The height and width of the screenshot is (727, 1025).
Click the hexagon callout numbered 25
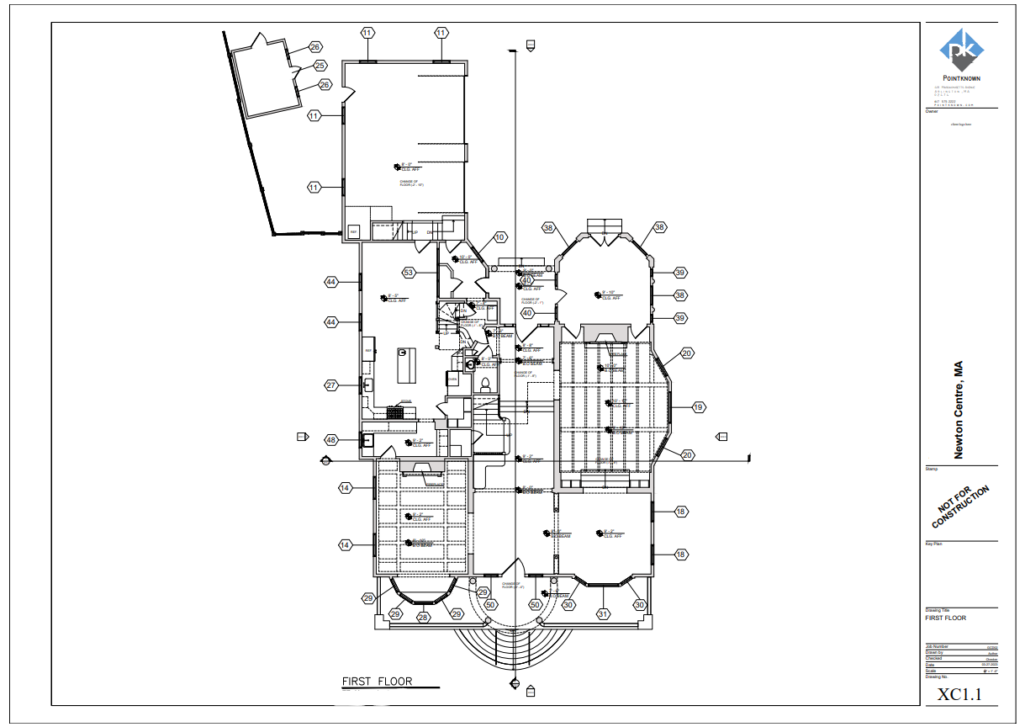click(320, 66)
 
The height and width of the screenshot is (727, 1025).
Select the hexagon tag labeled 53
click(409, 273)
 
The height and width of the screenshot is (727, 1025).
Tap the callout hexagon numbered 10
click(500, 237)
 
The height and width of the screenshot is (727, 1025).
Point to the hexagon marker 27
click(331, 385)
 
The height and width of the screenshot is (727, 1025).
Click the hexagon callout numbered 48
click(331, 440)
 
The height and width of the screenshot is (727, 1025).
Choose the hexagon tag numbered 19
click(698, 407)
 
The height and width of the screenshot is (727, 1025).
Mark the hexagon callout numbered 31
click(602, 614)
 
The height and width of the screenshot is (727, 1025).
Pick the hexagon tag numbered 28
click(423, 618)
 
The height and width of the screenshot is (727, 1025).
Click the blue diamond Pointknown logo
click(961, 50)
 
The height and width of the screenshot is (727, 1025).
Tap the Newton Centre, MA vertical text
click(958, 411)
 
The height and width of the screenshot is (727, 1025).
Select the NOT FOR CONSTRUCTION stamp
click(960, 507)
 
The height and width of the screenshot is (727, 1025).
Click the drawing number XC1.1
click(959, 694)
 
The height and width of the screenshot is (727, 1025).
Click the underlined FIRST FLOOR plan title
click(377, 681)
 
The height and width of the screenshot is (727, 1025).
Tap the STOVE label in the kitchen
click(405, 401)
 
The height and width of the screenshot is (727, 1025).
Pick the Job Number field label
click(937, 646)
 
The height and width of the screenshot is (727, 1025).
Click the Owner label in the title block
click(932, 110)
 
